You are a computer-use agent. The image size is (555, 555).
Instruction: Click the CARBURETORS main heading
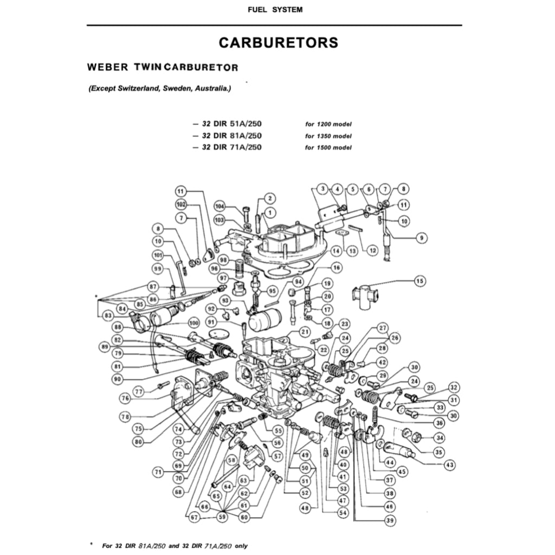278,43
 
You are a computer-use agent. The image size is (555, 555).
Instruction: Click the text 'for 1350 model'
328,136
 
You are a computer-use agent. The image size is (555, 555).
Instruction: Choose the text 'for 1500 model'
328,147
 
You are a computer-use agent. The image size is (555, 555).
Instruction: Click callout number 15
420,281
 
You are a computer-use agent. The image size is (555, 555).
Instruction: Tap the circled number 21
305,332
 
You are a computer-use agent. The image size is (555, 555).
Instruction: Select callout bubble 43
449,464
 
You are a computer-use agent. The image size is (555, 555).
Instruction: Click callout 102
180,204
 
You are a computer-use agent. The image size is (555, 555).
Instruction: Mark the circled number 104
220,206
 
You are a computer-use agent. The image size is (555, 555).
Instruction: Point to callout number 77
139,391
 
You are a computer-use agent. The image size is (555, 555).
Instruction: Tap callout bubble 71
158,472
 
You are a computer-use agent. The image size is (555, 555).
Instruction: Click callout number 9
420,237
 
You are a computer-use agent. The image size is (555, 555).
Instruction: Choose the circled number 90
118,379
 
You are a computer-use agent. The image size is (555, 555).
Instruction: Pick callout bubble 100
193,323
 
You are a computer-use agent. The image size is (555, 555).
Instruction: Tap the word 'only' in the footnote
241,546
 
